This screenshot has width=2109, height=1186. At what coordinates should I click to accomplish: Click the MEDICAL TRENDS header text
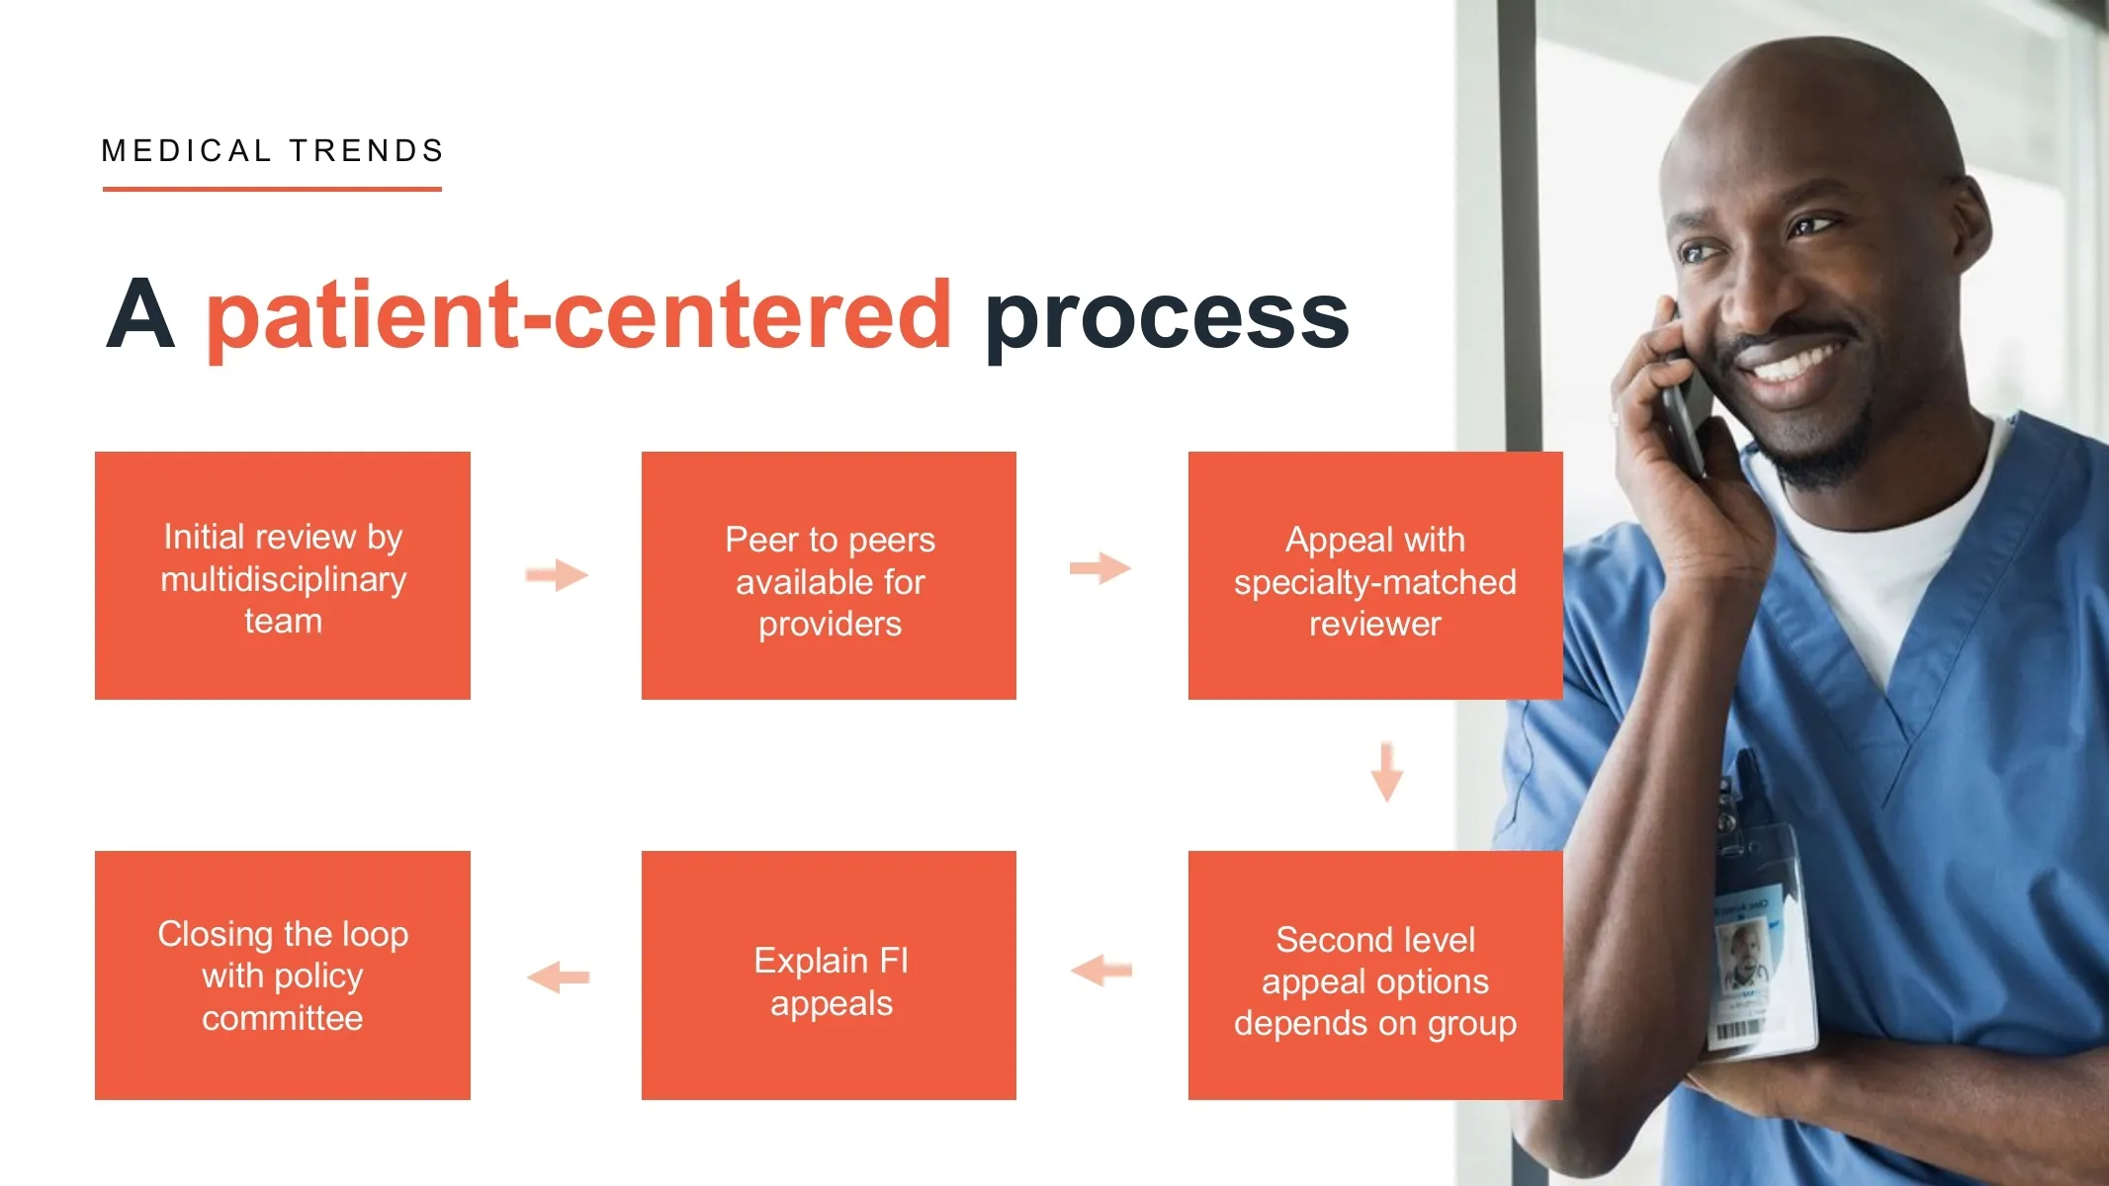pos(273,150)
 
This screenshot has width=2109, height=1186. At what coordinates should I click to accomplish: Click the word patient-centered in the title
pos(578,316)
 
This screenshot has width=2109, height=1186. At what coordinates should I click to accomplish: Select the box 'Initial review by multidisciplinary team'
pos(283,575)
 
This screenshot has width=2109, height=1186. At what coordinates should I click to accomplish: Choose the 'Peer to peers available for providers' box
pos(829,575)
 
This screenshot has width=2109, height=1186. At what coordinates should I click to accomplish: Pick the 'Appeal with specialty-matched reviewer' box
pos(1375,575)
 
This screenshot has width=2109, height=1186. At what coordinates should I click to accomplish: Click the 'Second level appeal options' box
pos(1375,974)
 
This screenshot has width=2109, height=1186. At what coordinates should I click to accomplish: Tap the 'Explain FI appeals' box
pos(829,974)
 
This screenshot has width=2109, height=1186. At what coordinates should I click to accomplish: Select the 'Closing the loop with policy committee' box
pos(283,974)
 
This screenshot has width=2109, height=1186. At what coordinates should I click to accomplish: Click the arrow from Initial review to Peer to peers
pos(557,574)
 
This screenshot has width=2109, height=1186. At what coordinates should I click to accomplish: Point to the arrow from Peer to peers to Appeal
pos(1100,568)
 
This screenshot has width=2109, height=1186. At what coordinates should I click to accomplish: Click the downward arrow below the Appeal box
pos(1387,771)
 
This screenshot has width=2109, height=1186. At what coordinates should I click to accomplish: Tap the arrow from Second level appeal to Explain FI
pos(1101,971)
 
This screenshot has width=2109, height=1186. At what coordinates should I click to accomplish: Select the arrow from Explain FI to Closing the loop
pos(559,977)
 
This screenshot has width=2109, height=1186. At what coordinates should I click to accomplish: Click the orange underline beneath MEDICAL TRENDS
pos(272,188)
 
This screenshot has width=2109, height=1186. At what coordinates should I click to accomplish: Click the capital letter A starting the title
pos(140,313)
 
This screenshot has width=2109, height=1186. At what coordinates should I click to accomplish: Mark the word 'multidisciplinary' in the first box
pos(283,579)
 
